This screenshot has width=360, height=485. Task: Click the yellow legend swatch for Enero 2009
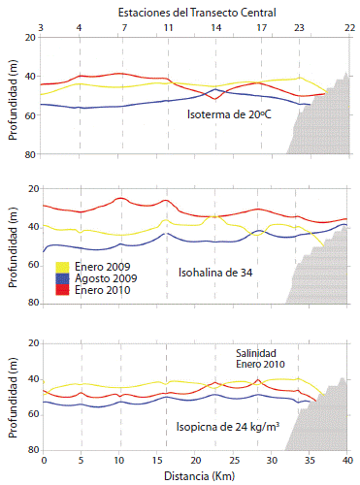pos(62,266)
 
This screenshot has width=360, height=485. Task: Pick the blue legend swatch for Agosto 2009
pos(62,276)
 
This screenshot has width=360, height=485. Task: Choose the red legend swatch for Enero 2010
pos(62,288)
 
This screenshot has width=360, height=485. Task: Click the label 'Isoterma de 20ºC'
pos(229,114)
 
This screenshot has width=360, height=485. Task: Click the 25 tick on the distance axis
pos(233,459)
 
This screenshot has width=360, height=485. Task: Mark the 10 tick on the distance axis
pos(118,459)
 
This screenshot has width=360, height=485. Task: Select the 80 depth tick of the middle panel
pos(30,303)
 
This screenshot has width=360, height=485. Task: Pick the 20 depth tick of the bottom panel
pos(30,343)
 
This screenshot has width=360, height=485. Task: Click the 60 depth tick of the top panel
pos(30,115)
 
